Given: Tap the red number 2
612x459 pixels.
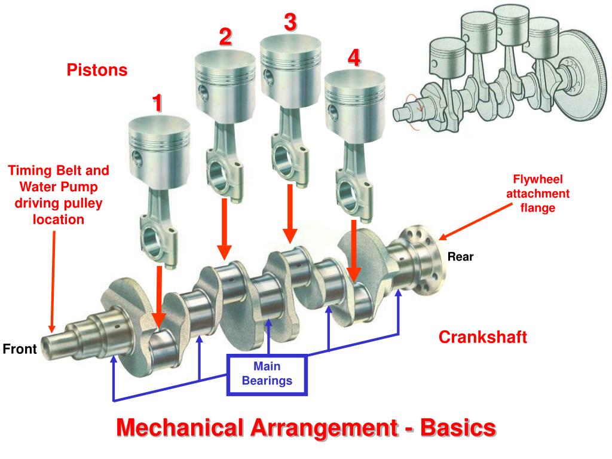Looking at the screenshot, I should [x=225, y=37].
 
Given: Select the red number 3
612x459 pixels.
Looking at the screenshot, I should [x=289, y=23].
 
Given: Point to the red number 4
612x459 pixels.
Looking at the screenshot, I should [x=354, y=58].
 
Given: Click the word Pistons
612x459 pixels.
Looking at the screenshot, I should [x=97, y=71].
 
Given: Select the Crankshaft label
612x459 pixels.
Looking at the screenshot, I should [x=483, y=337].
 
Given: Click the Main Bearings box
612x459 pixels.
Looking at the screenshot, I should [x=267, y=374].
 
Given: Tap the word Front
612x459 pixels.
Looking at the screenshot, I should [x=20, y=349].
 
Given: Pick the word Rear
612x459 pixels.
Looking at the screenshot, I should [x=460, y=257].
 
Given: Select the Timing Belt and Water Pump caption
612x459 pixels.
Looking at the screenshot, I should [x=59, y=195].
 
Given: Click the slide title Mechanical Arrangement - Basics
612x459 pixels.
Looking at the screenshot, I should [x=306, y=428].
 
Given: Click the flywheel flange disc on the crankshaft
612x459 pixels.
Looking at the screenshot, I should [x=426, y=260].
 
